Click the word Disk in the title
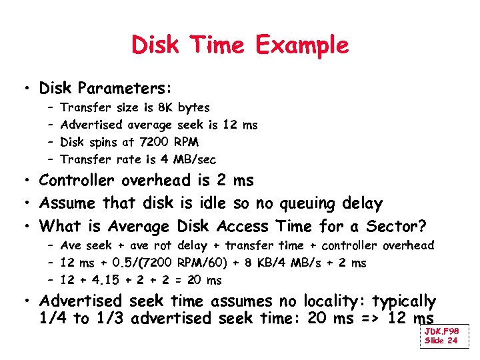155,45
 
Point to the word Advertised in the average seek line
91,125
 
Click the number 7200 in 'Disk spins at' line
155,142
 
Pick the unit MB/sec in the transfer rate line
195,159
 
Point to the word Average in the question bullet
139,226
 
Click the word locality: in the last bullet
333,301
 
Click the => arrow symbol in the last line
373,319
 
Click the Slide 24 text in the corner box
441,341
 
